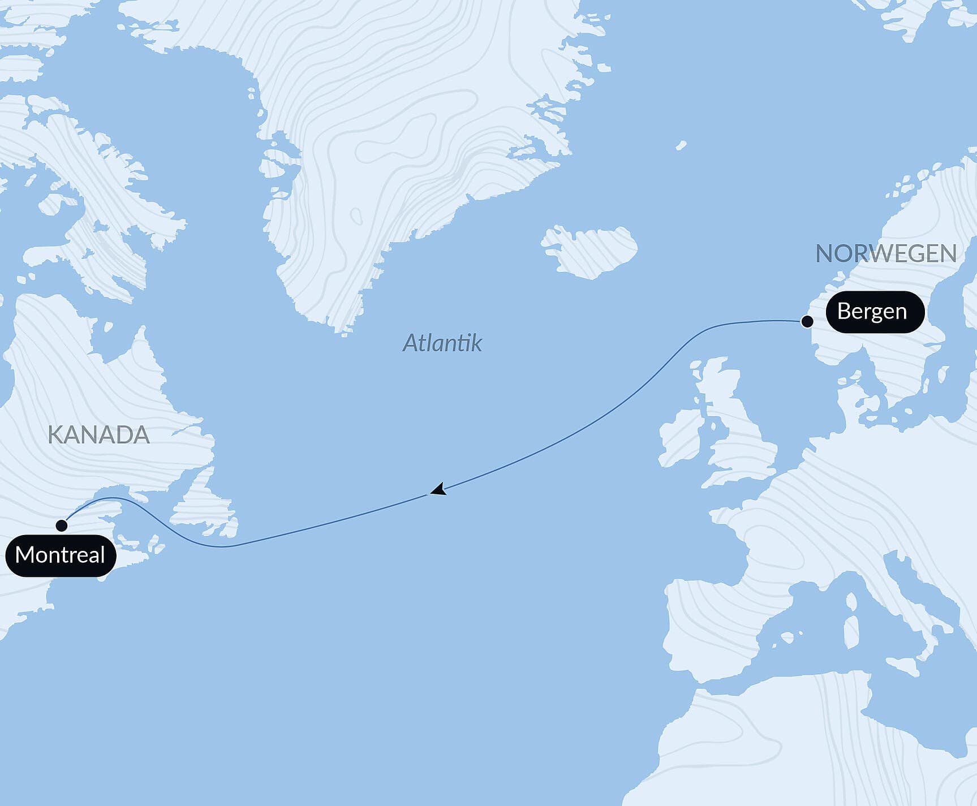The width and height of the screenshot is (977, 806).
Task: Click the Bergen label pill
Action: pos(875,312)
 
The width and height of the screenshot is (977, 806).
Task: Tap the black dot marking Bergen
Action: pos(807,322)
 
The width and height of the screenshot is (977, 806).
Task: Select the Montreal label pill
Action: pos(61,555)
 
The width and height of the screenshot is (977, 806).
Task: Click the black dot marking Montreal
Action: pos(62,525)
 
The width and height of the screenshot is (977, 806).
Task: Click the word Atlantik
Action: pos(442,343)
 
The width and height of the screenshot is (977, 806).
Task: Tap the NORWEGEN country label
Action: pos(885,253)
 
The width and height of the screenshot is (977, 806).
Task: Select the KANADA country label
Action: pos(98,435)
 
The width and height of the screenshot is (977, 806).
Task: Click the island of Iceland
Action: pos(588,251)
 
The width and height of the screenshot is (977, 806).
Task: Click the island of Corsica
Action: pos(851,602)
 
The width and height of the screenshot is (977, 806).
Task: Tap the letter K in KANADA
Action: pos(54,435)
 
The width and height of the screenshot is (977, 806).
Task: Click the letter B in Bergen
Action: pos(843,311)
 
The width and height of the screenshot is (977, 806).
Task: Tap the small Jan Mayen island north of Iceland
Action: pos(681,145)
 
